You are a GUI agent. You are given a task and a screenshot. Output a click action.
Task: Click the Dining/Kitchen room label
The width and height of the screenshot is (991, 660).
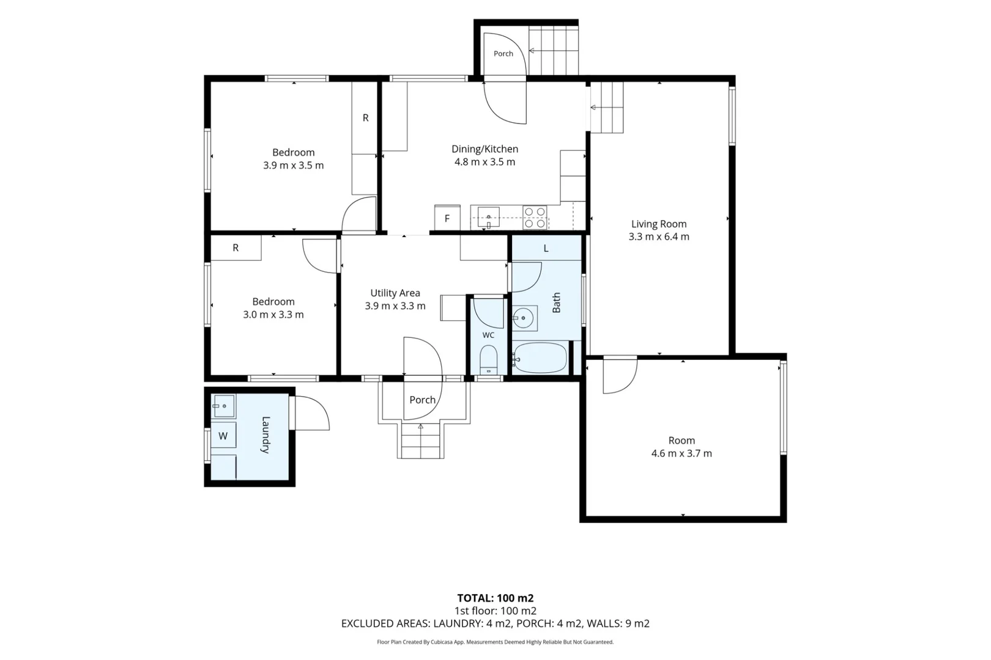484,149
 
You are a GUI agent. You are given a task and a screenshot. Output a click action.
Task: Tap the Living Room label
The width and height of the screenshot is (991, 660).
659,224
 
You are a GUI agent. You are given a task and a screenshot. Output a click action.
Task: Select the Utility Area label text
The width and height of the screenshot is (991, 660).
395,293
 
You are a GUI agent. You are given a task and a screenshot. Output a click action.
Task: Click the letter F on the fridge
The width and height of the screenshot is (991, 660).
447,218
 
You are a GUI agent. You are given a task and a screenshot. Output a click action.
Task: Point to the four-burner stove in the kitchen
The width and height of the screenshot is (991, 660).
535,218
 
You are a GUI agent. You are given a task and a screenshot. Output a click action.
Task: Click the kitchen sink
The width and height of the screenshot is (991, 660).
488,217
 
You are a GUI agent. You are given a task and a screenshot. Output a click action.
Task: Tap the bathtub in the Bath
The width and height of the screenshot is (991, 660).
540,358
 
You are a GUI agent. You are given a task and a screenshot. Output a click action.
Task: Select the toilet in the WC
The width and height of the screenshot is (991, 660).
488,359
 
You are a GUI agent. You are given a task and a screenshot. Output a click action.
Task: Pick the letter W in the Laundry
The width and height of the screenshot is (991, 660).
223,436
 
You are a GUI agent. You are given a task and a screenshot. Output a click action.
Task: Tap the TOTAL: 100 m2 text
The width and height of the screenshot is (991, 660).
495,598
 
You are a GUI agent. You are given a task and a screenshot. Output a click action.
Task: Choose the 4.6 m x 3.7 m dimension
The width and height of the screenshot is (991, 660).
681,453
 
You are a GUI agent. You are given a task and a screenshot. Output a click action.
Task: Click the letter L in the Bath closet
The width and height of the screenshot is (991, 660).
546,249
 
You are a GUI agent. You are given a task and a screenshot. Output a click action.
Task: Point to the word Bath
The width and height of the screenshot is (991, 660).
556,302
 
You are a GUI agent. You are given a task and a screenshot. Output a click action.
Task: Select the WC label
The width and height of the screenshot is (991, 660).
488,335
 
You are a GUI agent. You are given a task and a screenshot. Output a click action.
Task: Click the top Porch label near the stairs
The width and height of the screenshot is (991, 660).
503,54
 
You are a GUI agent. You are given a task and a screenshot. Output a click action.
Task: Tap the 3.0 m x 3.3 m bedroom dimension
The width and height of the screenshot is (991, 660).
273,315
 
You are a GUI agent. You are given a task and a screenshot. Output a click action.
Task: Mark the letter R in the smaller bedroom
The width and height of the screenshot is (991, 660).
236,248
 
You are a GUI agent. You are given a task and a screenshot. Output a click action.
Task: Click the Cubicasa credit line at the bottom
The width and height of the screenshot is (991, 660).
495,642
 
